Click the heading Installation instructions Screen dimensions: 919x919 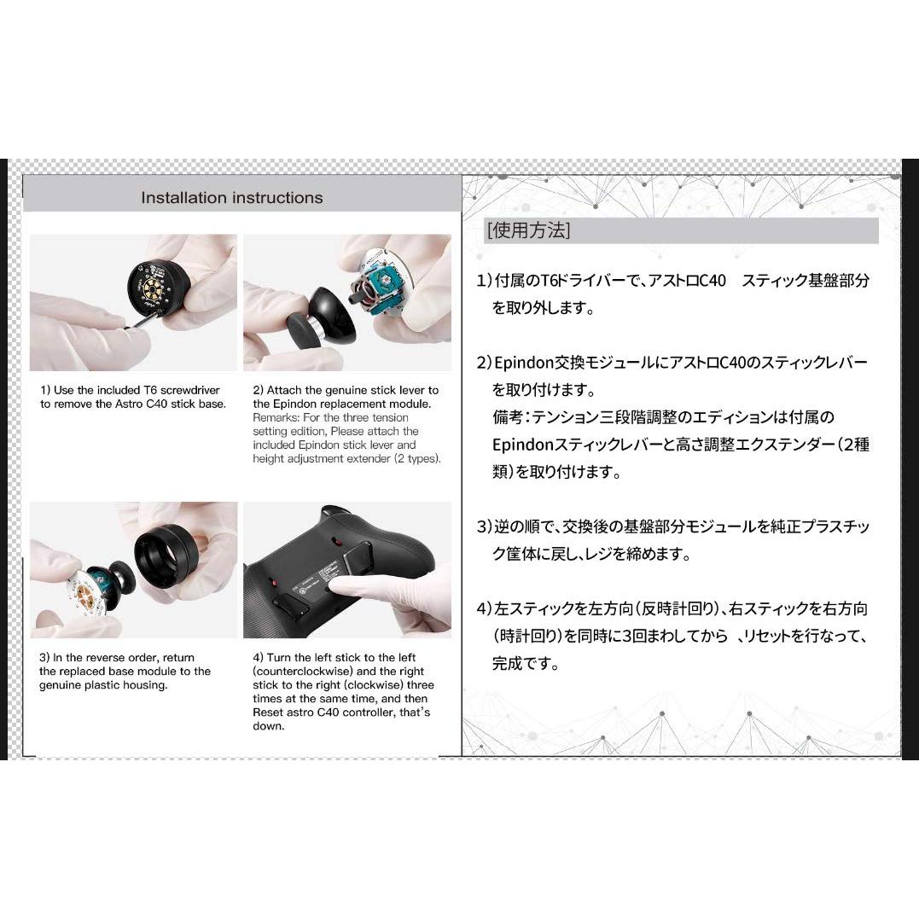(231, 198)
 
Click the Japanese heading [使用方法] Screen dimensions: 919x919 (528, 230)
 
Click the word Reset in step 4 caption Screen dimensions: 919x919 (270, 713)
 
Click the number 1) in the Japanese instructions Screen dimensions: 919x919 (484, 281)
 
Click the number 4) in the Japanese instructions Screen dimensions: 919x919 (484, 608)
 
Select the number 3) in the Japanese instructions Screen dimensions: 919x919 (484, 526)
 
